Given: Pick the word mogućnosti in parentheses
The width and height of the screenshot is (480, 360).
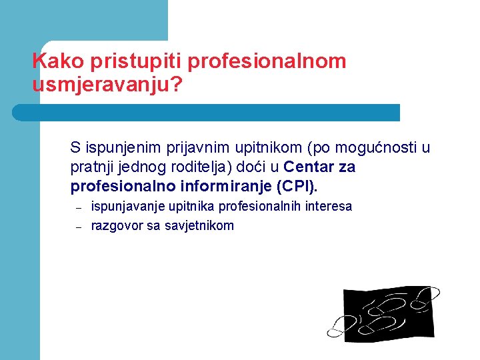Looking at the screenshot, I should [365, 147].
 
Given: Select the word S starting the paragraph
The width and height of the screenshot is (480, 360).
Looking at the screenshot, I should [75, 147].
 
